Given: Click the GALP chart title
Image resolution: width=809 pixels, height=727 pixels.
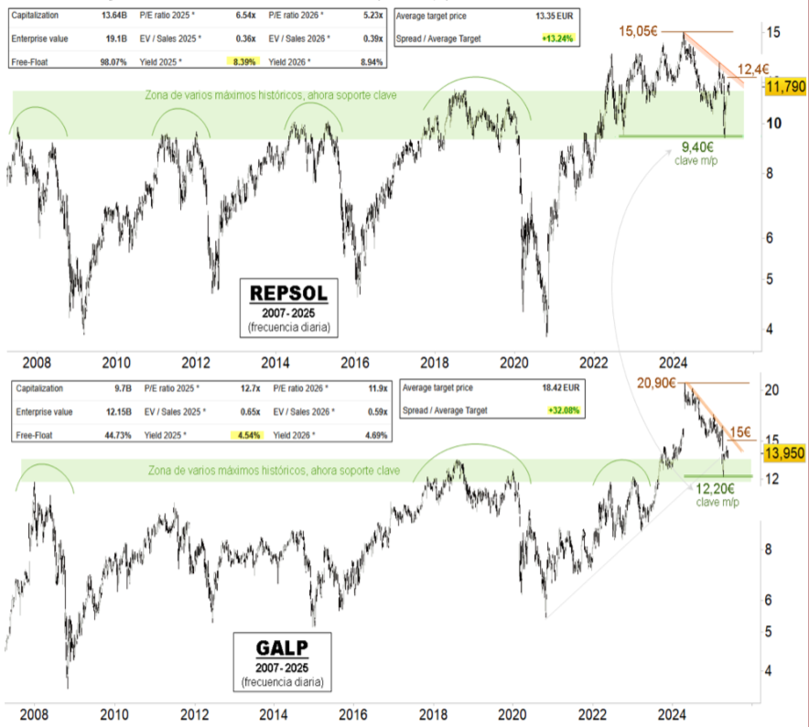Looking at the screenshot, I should (283, 647).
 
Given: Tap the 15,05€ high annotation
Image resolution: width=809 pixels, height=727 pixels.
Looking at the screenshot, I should (639, 31).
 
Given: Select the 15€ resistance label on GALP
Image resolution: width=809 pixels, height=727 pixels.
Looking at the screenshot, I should (739, 432).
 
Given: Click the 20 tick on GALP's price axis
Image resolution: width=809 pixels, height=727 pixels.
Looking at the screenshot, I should (771, 390).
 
